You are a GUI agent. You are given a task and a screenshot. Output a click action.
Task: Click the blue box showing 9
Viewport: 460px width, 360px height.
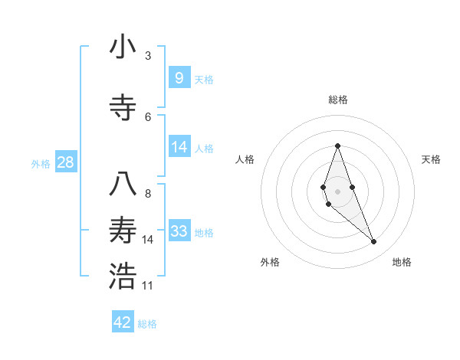[x=179, y=77]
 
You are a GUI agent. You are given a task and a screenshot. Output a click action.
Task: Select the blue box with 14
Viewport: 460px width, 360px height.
[x=179, y=147]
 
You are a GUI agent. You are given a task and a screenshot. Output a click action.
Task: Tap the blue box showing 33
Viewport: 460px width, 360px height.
[x=179, y=231]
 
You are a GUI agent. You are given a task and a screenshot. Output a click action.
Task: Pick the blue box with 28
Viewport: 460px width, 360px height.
[x=66, y=162]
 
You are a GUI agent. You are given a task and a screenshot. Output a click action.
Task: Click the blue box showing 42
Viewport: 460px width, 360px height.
[x=123, y=322]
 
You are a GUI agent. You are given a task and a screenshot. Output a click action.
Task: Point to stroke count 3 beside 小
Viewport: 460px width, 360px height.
[x=148, y=56]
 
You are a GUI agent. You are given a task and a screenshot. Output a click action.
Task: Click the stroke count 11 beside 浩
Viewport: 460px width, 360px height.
[x=148, y=286]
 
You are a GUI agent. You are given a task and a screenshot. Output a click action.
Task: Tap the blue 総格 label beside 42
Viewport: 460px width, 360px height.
[x=147, y=324]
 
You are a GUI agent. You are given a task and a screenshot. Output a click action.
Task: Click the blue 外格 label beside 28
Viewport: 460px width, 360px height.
[x=41, y=164]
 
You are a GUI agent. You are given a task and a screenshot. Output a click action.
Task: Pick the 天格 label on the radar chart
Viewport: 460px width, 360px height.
[x=432, y=159]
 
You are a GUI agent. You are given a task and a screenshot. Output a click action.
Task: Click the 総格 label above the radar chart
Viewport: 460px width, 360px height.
[x=337, y=100]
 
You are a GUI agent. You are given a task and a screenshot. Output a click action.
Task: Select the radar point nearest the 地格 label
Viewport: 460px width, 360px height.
[x=374, y=242]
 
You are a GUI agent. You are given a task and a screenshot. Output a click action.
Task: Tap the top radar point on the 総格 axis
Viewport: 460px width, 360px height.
[x=337, y=146]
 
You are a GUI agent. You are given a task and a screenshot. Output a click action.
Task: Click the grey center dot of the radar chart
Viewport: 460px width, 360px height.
[x=337, y=191]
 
